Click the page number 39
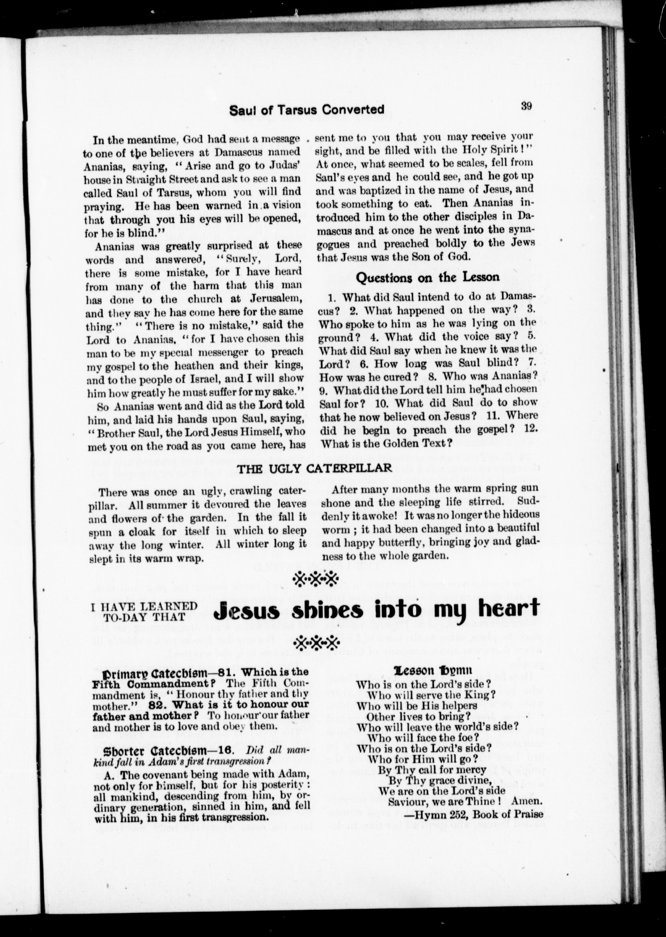coord(526,106)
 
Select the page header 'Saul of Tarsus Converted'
coord(307,110)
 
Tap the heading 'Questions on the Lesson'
coord(428,278)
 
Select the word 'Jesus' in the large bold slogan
coord(247,611)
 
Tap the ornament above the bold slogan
coord(315,579)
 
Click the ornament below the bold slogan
coord(315,642)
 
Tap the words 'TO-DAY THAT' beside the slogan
coord(144,616)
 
